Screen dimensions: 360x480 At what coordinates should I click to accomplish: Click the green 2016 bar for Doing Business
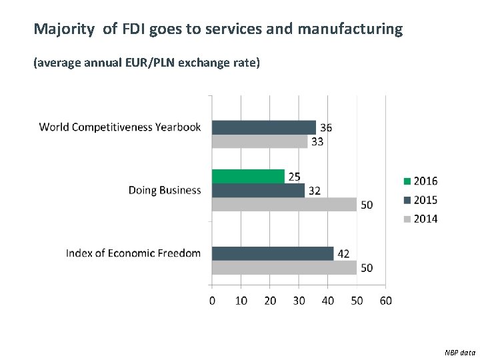248,176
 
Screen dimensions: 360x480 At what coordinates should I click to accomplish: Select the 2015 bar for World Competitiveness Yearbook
264,127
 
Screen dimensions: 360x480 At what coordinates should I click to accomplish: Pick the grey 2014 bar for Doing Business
284,204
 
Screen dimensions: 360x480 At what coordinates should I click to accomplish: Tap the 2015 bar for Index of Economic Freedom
273,253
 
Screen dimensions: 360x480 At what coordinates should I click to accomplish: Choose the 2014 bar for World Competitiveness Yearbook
259,141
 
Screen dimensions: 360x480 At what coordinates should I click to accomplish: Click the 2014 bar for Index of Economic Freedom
284,267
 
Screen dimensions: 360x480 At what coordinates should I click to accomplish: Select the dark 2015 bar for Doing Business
258,190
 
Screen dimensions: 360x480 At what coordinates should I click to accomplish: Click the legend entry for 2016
420,181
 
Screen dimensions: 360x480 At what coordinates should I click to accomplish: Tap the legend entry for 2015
420,200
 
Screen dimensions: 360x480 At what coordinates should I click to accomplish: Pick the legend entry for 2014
420,219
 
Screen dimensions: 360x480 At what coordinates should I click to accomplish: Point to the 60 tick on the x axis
385,301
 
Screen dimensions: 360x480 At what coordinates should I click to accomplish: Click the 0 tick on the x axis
212,301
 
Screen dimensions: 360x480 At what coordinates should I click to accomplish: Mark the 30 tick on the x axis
299,301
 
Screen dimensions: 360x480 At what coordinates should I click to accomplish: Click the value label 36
326,127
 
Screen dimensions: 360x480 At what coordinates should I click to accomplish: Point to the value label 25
294,177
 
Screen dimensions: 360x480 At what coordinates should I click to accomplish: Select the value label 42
344,254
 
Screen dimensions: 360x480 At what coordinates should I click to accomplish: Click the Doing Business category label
165,190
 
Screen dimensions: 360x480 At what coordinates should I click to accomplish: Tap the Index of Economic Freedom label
133,253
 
